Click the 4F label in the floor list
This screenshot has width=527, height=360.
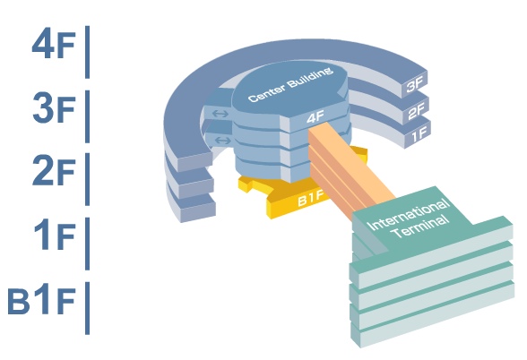pyautogui.click(x=54, y=46)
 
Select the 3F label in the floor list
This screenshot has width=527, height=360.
pyautogui.click(x=54, y=108)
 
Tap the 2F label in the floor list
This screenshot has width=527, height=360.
pyautogui.click(x=54, y=171)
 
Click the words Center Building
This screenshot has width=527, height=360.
pyautogui.click(x=290, y=84)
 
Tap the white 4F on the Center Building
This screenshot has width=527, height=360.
pyautogui.click(x=315, y=117)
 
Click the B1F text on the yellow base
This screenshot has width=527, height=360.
pyautogui.click(x=310, y=200)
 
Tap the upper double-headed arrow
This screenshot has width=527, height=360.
pyautogui.click(x=220, y=114)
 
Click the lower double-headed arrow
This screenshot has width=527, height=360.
pyautogui.click(x=222, y=140)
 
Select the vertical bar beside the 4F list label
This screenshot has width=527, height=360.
pyautogui.click(x=88, y=52)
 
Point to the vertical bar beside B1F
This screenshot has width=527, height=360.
pyautogui.click(x=88, y=308)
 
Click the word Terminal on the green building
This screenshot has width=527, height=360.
pyautogui.click(x=421, y=227)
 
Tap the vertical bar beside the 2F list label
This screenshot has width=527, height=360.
pyautogui.click(x=88, y=179)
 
